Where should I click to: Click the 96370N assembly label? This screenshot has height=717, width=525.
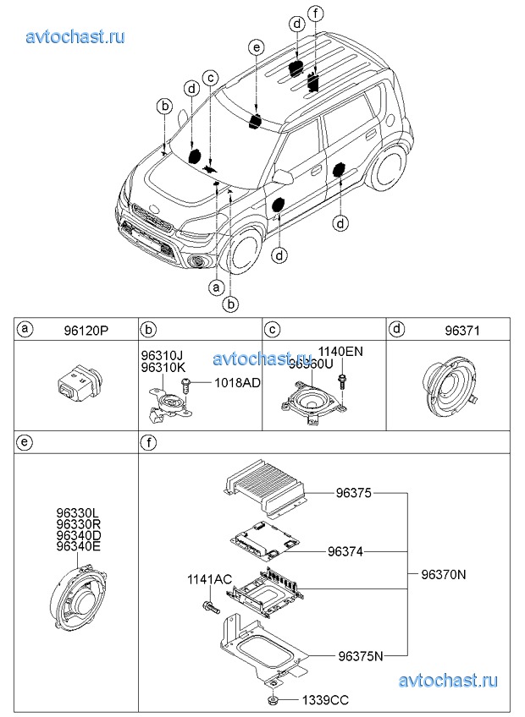click(445, 574)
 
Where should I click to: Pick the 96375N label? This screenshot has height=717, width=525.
click(361, 655)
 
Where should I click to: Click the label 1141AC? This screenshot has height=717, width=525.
click(209, 579)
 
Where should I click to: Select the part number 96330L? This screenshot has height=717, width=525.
click(78, 513)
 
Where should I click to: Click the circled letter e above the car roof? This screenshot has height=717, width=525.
click(257, 47)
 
